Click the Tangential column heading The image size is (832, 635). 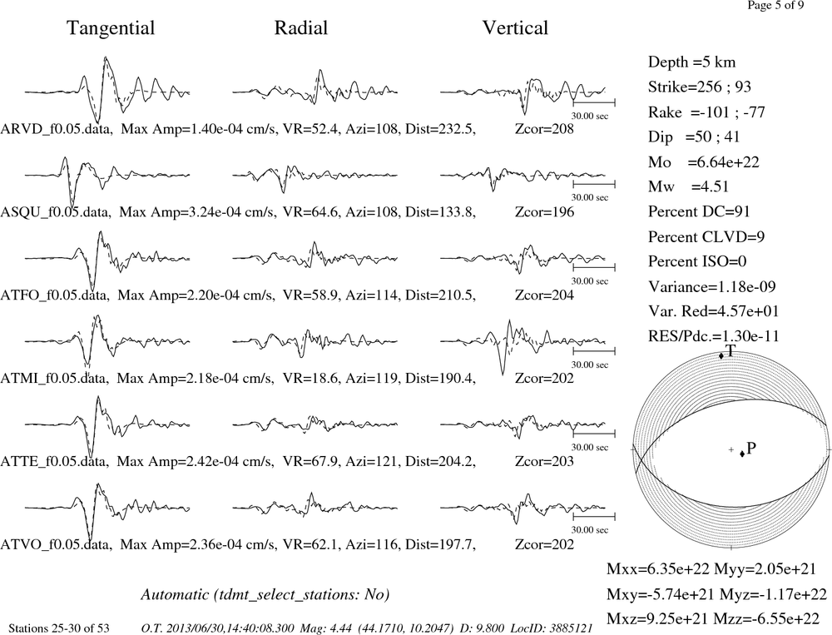(111, 28)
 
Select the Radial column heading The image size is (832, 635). (301, 28)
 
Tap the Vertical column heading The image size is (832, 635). (515, 28)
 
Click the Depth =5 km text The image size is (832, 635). (692, 62)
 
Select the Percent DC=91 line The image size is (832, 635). (699, 211)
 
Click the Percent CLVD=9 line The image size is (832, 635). (706, 236)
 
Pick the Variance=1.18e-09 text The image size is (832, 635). (712, 286)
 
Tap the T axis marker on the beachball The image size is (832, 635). (721, 355)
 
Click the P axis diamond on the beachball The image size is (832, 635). (742, 454)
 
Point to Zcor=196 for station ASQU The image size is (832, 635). (544, 212)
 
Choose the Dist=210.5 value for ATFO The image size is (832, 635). (440, 295)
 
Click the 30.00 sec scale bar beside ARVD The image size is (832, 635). (594, 102)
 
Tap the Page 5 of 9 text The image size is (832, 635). (775, 5)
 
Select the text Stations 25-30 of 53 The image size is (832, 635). (59, 628)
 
